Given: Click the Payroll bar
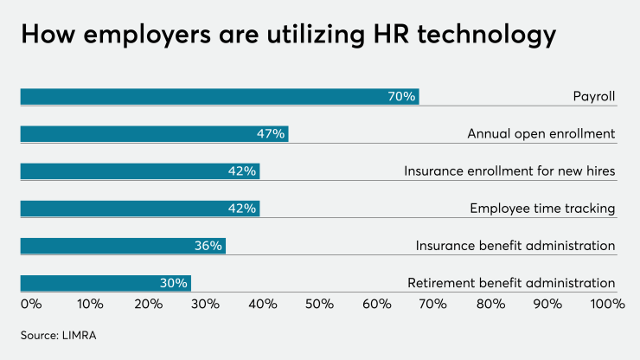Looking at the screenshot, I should (x=219, y=96).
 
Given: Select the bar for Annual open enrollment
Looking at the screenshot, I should (x=154, y=134).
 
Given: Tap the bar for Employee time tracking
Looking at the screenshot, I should (x=139, y=209).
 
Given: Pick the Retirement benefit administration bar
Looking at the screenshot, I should (x=106, y=283).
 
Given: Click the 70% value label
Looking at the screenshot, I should (x=401, y=96).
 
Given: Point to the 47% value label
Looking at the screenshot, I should (x=271, y=134).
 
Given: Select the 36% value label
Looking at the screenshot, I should (x=208, y=246).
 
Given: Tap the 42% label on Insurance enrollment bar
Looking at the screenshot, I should (x=242, y=171).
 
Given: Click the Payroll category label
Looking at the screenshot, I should (x=593, y=96).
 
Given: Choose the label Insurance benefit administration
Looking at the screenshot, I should (x=515, y=246).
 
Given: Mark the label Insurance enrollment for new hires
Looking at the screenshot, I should (x=509, y=171).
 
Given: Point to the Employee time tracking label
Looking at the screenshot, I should (x=542, y=209).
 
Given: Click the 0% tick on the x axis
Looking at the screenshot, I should (x=30, y=304).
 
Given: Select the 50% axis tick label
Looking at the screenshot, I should (x=319, y=304).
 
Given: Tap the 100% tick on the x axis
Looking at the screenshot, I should (x=607, y=304).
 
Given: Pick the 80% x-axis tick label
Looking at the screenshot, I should (x=491, y=304).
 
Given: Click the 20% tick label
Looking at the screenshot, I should (x=148, y=304).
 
